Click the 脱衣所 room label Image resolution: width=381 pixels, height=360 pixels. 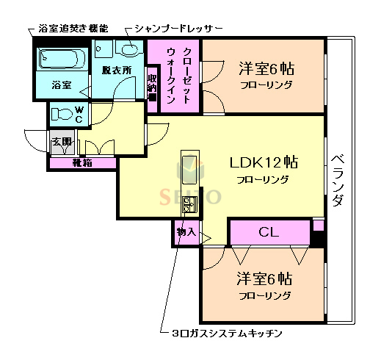[x=116, y=71]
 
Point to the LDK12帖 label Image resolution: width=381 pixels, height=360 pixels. [x=262, y=162]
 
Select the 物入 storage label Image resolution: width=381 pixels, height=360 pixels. [x=186, y=232]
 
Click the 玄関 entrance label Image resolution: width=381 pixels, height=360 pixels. [x=61, y=143]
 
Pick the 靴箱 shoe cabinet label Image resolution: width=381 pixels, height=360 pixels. [x=81, y=162]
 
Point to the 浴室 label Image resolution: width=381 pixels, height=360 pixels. [x=61, y=85]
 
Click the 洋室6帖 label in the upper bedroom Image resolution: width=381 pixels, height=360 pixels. [x=266, y=70]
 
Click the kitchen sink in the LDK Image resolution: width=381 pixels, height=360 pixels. [x=189, y=171]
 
